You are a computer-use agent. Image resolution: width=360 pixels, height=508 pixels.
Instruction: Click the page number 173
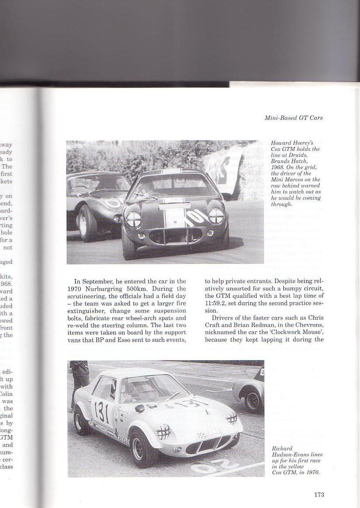[x=319, y=494]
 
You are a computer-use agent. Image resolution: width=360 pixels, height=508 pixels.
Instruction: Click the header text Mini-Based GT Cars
[x=294, y=118]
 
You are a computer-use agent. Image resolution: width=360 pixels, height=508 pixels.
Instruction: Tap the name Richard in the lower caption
[x=282, y=448]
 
